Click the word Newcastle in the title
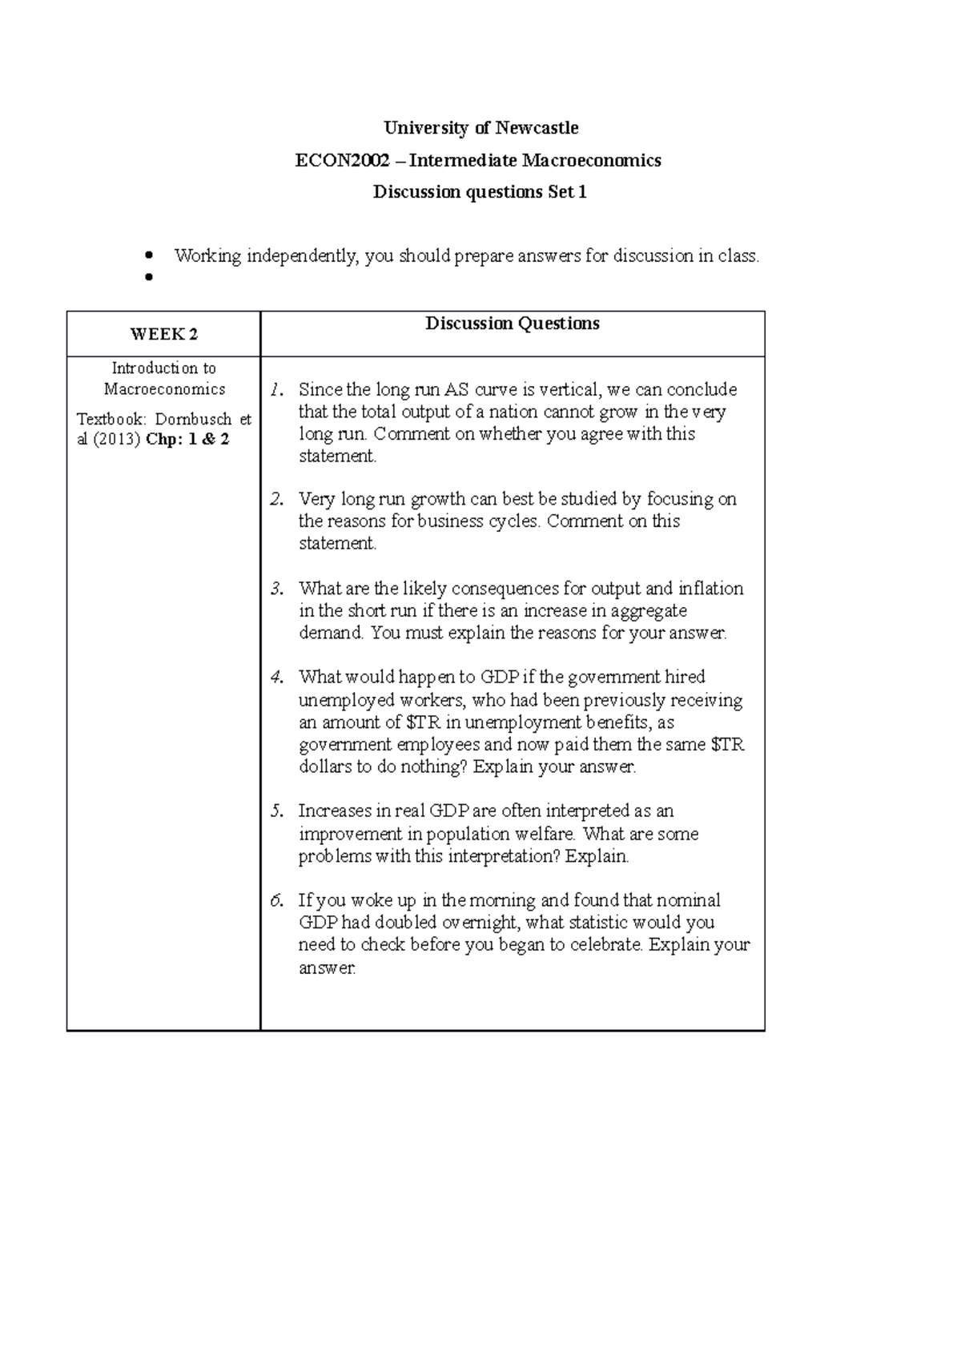tap(536, 128)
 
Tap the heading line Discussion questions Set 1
tap(480, 192)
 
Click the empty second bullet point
tap(148, 278)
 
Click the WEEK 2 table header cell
tap(164, 335)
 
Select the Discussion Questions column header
tap(512, 324)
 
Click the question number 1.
tap(276, 390)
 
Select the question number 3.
tap(276, 589)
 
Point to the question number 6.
tap(276, 900)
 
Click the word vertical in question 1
tap(568, 390)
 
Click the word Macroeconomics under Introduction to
tap(165, 389)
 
